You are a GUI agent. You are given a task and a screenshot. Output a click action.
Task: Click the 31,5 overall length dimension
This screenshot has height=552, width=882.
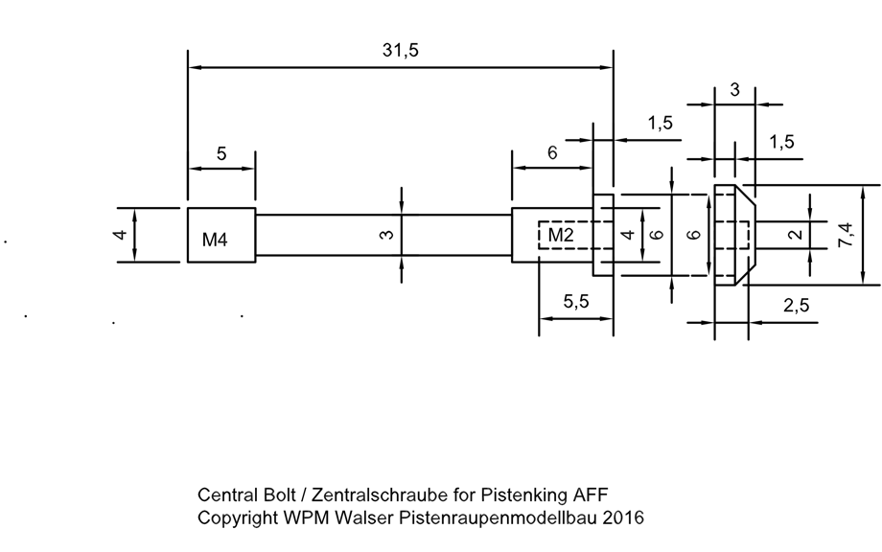pyautogui.click(x=400, y=53)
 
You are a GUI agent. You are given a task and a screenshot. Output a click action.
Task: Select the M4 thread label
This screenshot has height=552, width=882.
pyautogui.click(x=215, y=240)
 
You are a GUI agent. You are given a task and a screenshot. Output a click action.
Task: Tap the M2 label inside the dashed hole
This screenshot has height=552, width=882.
pyautogui.click(x=561, y=235)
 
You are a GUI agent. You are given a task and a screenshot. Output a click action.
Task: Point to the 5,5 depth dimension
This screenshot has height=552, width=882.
pyautogui.click(x=575, y=303)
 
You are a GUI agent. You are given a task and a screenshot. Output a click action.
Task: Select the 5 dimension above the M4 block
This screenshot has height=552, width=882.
pyautogui.click(x=221, y=153)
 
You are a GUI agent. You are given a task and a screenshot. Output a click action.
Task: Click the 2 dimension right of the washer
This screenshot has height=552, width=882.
pyautogui.click(x=795, y=234)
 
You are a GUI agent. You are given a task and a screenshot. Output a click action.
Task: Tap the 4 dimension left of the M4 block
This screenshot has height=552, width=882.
pyautogui.click(x=122, y=235)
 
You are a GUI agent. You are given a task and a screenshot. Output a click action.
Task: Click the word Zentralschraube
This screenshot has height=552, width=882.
pyautogui.click(x=369, y=495)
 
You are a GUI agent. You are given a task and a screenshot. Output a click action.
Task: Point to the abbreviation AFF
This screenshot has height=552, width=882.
pyautogui.click(x=590, y=495)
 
